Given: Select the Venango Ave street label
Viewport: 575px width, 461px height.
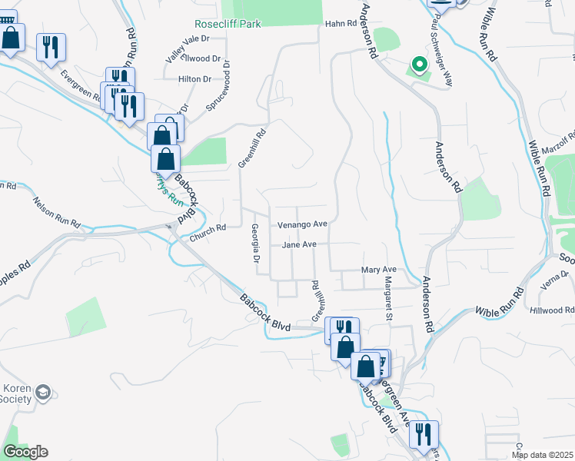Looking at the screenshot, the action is click(302, 225).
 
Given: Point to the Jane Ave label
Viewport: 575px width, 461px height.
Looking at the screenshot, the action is click(299, 245).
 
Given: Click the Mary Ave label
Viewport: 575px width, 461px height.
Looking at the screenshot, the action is click(378, 270).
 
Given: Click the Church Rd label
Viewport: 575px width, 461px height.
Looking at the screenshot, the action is click(208, 227).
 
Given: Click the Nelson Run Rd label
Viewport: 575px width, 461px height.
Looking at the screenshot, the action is click(56, 211).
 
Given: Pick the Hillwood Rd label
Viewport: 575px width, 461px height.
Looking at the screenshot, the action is click(552, 310).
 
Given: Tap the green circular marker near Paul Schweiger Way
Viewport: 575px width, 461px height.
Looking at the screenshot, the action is click(419, 65).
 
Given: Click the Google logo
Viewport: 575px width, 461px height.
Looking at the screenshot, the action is click(25, 452).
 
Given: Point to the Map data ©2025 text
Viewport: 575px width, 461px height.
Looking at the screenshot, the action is click(542, 455).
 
